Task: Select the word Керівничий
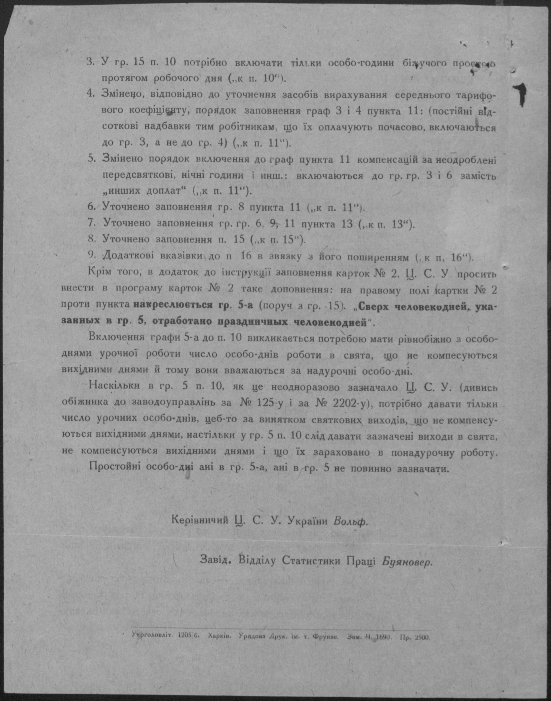point(200,520)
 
